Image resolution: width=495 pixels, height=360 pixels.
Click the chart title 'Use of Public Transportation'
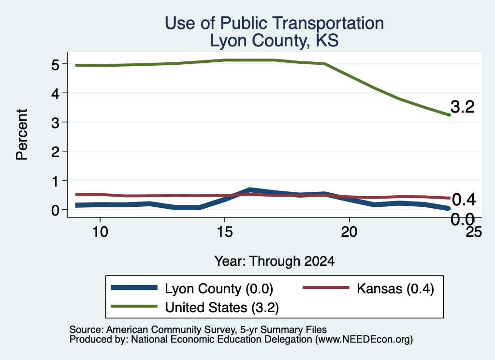[275, 23]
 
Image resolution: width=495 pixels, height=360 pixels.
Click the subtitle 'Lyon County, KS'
[275, 41]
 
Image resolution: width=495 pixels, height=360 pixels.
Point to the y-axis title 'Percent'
[22, 135]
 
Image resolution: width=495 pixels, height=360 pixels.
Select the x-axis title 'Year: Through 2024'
[275, 261]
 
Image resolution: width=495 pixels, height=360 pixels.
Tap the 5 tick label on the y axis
[56, 65]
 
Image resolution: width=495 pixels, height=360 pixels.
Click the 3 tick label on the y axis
[56, 123]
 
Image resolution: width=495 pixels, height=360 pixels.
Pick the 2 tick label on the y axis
[56, 152]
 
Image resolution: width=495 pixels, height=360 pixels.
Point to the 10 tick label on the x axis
[100, 232]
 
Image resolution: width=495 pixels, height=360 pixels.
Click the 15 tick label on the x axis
[225, 232]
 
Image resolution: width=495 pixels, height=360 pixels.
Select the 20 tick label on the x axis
[349, 232]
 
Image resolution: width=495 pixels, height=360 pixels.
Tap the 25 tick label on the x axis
[474, 232]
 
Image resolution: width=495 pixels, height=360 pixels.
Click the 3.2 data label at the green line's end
[463, 107]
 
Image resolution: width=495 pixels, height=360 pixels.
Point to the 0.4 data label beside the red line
[464, 200]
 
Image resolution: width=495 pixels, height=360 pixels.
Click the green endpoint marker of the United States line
[449, 115]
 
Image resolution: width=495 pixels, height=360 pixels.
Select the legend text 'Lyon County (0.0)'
[219, 288]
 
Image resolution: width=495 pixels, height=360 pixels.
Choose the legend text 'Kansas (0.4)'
[395, 288]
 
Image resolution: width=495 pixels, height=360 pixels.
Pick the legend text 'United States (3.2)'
[222, 307]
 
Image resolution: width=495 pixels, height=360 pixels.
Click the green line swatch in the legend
[134, 306]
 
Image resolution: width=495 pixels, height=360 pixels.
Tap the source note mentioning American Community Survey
[198, 330]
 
